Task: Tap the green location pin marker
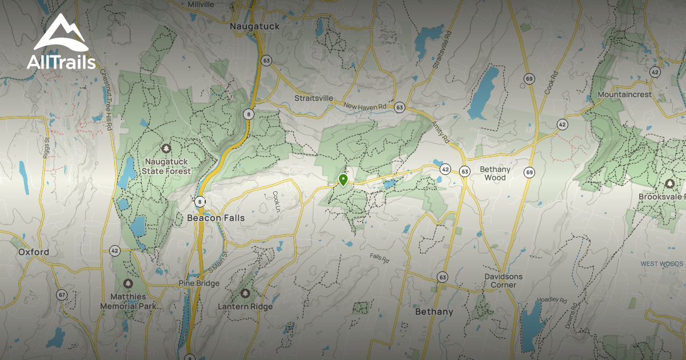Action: [x=343, y=180]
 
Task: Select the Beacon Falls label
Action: [x=216, y=218]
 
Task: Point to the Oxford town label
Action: [x=33, y=251]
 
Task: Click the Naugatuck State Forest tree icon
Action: [x=166, y=149]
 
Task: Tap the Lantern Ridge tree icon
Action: [x=245, y=294]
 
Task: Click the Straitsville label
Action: [x=313, y=98]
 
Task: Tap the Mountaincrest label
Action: [x=624, y=94]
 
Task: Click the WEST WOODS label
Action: [x=661, y=264]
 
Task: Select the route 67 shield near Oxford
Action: [x=61, y=295]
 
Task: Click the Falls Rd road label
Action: [x=378, y=258]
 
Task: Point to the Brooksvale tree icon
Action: [x=669, y=183]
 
